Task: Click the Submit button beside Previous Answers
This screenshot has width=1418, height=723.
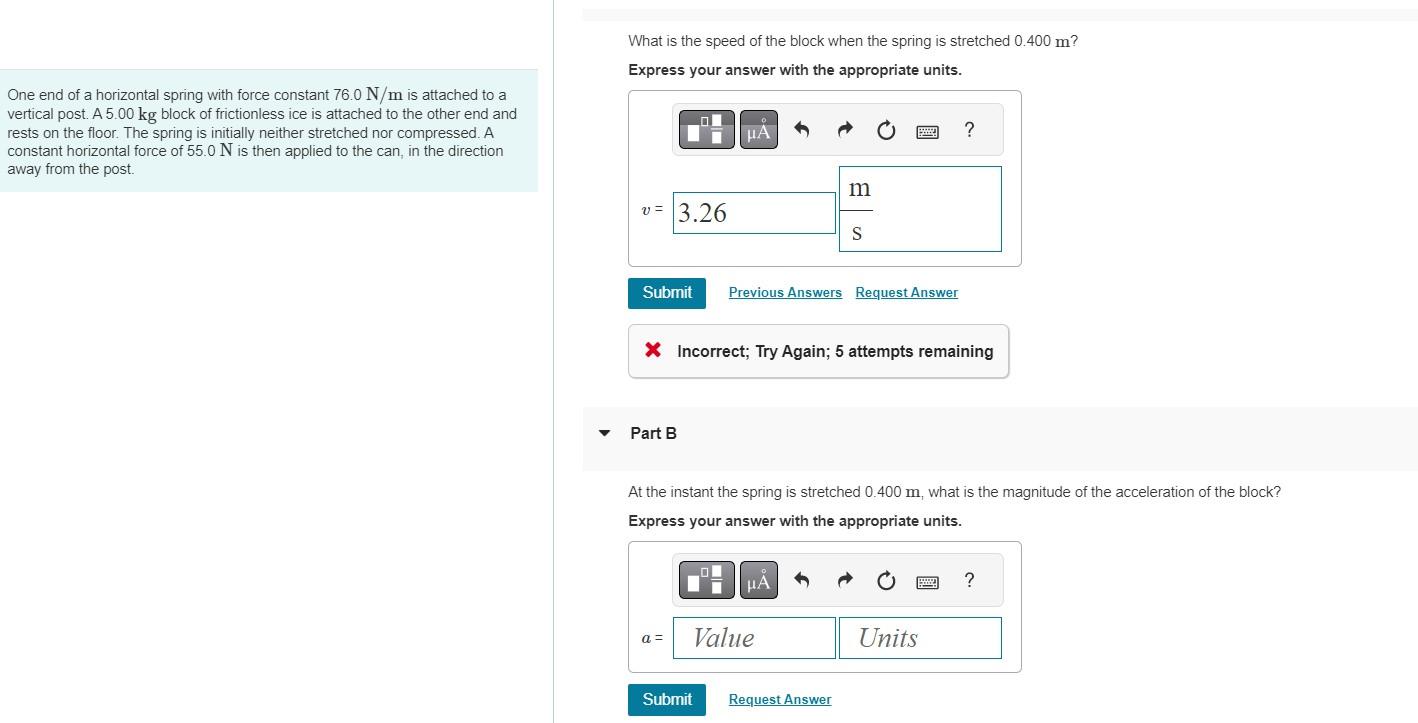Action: click(667, 293)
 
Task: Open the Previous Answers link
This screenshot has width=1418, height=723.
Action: click(785, 293)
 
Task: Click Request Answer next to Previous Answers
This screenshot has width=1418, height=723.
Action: click(906, 293)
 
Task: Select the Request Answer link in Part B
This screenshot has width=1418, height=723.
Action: click(779, 700)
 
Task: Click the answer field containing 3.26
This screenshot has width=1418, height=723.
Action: click(754, 213)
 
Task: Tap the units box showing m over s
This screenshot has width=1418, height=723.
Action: click(919, 209)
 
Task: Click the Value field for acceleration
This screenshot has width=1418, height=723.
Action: click(754, 638)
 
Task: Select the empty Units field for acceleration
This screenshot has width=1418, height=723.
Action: click(919, 638)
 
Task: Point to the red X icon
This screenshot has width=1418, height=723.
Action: click(653, 350)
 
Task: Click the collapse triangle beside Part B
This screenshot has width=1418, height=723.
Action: click(604, 433)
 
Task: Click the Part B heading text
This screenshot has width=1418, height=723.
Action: click(653, 433)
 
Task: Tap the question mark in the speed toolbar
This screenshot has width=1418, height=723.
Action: click(968, 130)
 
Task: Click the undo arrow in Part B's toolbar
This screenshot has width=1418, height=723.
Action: click(801, 581)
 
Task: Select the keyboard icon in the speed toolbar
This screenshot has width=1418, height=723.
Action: click(926, 131)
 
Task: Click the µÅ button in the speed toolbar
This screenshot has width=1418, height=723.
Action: click(758, 130)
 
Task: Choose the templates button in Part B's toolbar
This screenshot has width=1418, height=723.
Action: click(706, 581)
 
